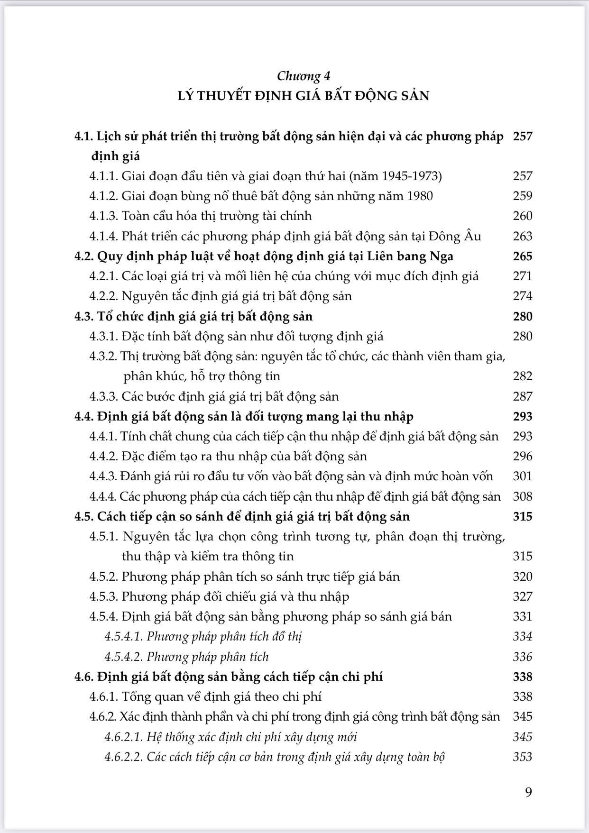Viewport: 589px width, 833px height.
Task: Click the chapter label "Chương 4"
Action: pyautogui.click(x=304, y=76)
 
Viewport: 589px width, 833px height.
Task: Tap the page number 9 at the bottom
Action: pyautogui.click(x=529, y=792)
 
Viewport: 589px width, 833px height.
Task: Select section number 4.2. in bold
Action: pyautogui.click(x=84, y=256)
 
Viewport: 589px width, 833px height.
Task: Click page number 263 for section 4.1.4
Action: pyautogui.click(x=523, y=236)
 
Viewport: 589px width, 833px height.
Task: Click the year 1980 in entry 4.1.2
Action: pyautogui.click(x=420, y=196)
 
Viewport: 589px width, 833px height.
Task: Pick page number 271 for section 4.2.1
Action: pyautogui.click(x=523, y=276)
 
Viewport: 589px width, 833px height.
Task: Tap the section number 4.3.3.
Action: pyautogui.click(x=103, y=396)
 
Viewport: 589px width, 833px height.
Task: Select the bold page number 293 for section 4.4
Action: pyautogui.click(x=523, y=416)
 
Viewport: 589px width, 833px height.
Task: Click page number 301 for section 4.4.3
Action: pyautogui.click(x=523, y=476)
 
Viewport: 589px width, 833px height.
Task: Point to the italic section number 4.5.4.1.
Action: pyautogui.click(x=123, y=637)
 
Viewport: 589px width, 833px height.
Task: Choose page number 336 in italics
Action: pyautogui.click(x=523, y=657)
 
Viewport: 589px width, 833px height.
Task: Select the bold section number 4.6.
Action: pyautogui.click(x=84, y=677)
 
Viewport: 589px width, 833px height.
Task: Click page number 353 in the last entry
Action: pyautogui.click(x=523, y=757)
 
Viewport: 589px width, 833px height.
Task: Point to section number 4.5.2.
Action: pyautogui.click(x=103, y=577)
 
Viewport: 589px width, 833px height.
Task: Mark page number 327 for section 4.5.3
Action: pyautogui.click(x=523, y=596)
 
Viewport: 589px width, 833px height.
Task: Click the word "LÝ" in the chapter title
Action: pyautogui.click(x=185, y=96)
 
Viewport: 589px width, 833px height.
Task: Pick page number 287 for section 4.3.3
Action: pyautogui.click(x=523, y=396)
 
